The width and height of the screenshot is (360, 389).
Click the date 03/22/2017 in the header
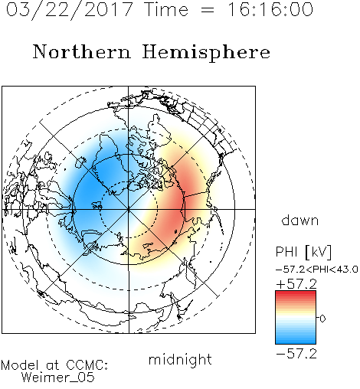pyautogui.click(x=69, y=10)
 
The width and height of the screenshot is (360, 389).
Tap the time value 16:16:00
pyautogui.click(x=270, y=9)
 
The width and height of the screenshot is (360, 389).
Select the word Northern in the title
pyautogui.click(x=82, y=52)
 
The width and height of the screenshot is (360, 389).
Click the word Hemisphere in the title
pyautogui.click(x=206, y=53)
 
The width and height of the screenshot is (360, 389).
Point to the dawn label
pyautogui.click(x=300, y=221)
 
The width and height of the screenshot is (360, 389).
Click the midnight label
pyautogui.click(x=180, y=359)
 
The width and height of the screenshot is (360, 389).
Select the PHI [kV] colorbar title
pyautogui.click(x=303, y=252)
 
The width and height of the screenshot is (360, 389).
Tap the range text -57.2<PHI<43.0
pyautogui.click(x=316, y=270)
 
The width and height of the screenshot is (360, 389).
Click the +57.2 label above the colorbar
pyautogui.click(x=296, y=284)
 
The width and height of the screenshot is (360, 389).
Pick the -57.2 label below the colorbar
pyautogui.click(x=296, y=354)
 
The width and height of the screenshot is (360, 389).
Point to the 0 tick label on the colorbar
pyautogui.click(x=322, y=319)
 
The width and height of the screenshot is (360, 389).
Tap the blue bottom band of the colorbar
pyautogui.click(x=296, y=341)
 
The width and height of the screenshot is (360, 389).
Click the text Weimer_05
pyautogui.click(x=58, y=377)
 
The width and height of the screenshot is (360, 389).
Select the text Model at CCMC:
pyautogui.click(x=54, y=365)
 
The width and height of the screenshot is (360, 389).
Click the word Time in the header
pyautogui.click(x=166, y=10)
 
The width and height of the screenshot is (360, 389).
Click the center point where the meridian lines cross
pyautogui.click(x=129, y=209)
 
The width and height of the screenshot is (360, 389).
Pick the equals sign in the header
pyautogui.click(x=208, y=11)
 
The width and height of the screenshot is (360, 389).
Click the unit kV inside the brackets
pyautogui.click(x=318, y=252)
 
